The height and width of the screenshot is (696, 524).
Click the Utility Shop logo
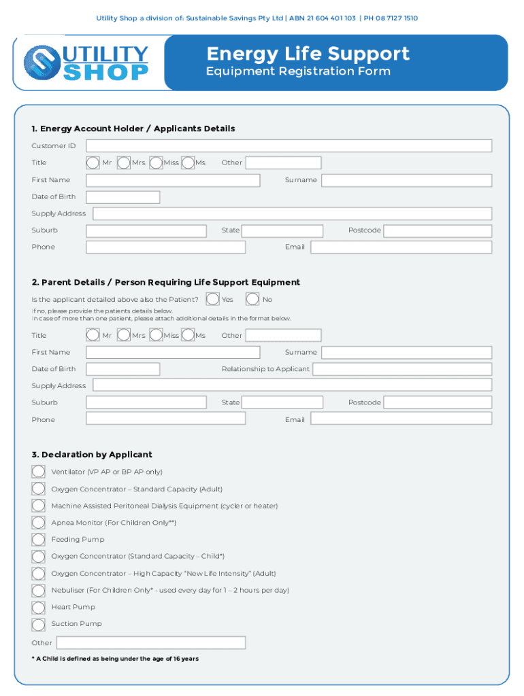tap(86, 63)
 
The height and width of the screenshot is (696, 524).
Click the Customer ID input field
tap(289, 146)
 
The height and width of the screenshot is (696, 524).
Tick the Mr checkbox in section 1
tap(93, 163)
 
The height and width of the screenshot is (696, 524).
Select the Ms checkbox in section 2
tap(188, 335)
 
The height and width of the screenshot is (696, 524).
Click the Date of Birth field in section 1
tap(122, 197)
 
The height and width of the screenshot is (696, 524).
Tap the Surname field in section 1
tap(406, 180)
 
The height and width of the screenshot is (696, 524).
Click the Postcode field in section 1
tap(438, 230)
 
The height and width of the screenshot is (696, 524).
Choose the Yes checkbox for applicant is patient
tap(213, 299)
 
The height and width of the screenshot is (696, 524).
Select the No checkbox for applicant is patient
tap(252, 299)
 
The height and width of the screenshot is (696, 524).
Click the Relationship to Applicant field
tap(402, 369)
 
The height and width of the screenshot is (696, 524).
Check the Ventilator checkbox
tap(39, 472)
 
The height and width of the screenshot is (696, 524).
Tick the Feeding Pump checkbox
tap(39, 540)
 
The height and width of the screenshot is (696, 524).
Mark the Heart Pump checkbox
tap(39, 607)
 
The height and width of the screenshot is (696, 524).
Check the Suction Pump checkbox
tap(39, 624)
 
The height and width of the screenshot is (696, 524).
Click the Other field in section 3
tap(150, 643)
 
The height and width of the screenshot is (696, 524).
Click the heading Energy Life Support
tap(308, 54)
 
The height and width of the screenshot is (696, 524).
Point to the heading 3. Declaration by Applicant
tap(91, 455)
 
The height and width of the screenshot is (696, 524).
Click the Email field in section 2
tap(401, 419)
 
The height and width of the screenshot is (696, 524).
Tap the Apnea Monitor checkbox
tap(39, 523)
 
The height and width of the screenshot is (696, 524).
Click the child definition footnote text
tap(115, 659)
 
